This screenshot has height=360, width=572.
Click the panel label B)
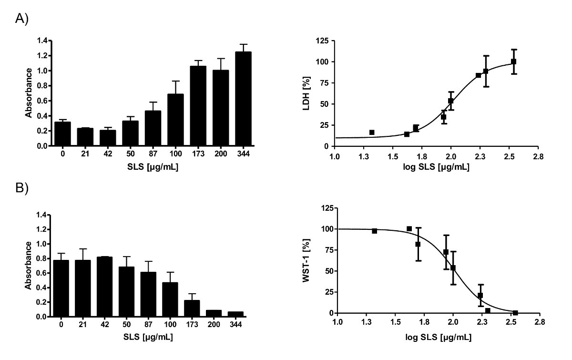(23, 189)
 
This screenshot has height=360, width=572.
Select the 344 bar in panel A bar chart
(243, 99)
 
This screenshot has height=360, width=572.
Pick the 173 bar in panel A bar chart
(198, 106)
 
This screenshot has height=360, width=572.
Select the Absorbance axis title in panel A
(29, 93)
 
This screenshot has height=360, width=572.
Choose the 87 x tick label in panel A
(153, 153)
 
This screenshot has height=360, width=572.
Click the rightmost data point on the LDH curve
(513, 62)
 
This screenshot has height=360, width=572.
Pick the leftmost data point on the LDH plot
(372, 132)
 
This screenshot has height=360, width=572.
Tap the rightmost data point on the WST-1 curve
(515, 313)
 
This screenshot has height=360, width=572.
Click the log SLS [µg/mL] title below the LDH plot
(437, 168)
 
